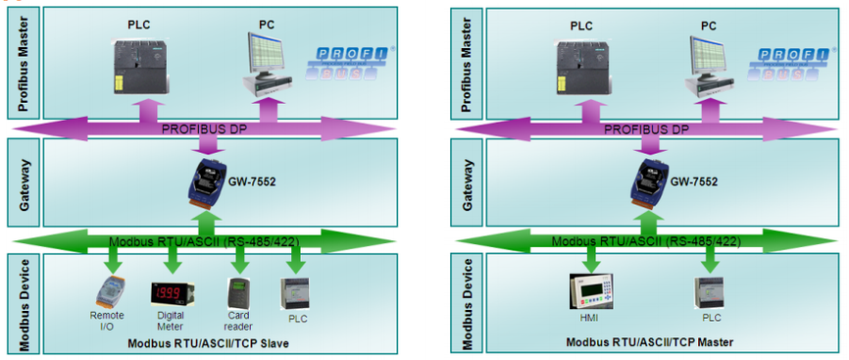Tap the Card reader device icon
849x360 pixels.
click(x=237, y=293)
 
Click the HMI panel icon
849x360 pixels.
click(x=592, y=291)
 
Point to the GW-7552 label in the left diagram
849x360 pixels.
click(x=253, y=181)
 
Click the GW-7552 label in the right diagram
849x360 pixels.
click(x=695, y=181)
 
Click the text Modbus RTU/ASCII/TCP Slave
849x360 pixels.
click(x=209, y=343)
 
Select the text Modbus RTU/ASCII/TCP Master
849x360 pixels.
click(x=650, y=342)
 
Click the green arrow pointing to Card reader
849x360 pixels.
click(x=239, y=260)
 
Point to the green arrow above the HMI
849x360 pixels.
click(x=592, y=260)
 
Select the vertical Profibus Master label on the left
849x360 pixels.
click(x=23, y=64)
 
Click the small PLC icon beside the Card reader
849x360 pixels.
click(x=295, y=293)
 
